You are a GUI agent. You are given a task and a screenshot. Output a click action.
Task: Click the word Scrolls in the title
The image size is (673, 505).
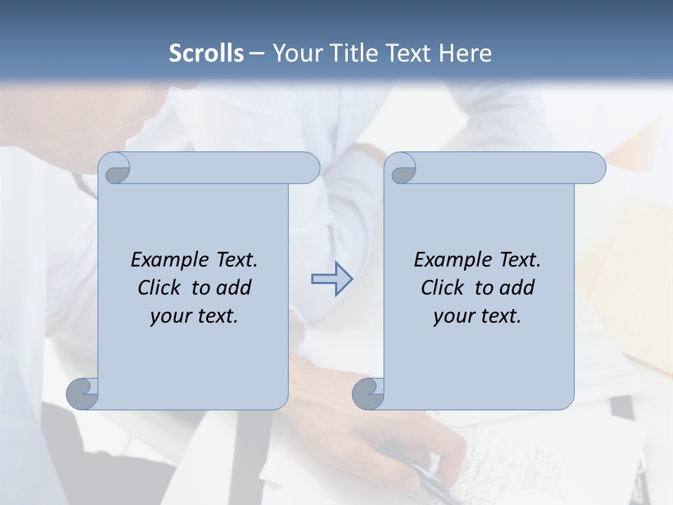tap(206, 53)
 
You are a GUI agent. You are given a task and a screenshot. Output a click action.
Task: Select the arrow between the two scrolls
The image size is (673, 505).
tap(332, 279)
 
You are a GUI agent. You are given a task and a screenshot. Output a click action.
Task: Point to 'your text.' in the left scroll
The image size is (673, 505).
tap(194, 316)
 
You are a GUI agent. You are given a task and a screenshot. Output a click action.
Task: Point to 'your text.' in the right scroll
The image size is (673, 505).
tap(477, 316)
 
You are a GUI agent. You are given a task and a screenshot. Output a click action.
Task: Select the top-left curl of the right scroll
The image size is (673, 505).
tap(402, 169)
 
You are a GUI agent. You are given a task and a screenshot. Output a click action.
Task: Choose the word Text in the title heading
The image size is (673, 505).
tap(410, 53)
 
